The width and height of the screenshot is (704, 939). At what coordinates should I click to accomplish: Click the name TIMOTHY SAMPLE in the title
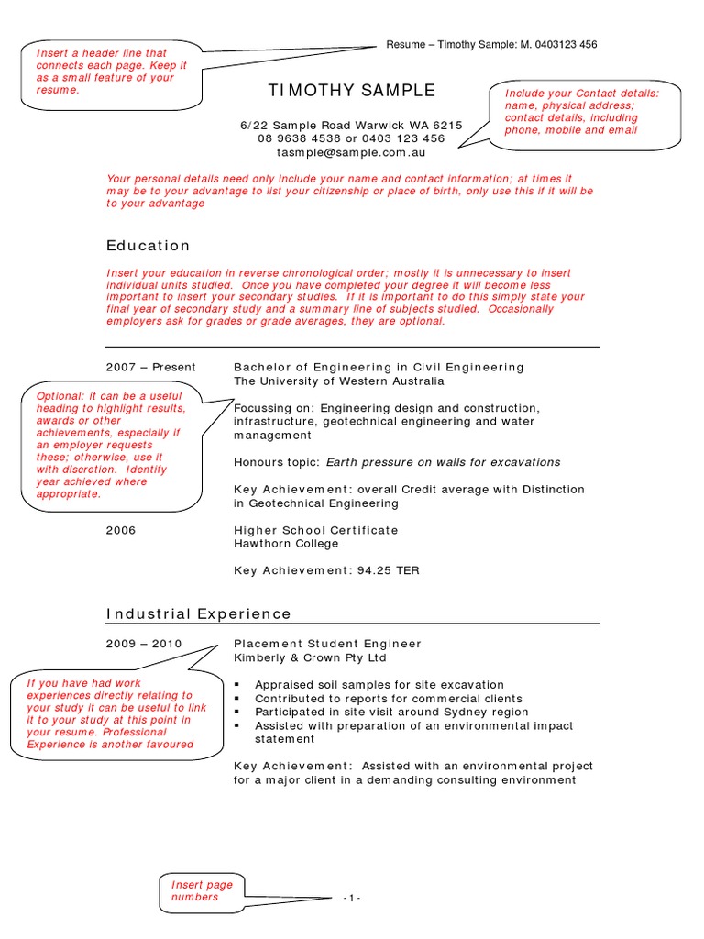351,91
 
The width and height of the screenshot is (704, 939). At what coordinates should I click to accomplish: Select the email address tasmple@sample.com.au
351,152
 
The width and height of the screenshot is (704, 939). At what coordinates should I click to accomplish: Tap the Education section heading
148,246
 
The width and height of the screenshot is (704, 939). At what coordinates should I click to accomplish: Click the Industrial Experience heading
199,614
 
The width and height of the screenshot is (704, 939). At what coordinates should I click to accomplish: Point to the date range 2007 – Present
151,368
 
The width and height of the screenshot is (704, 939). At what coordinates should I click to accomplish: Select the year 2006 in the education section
121,530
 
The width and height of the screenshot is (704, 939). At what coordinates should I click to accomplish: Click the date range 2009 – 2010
144,645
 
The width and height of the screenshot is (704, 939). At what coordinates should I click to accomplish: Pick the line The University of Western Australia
339,381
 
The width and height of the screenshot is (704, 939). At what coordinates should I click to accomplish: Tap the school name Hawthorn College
286,544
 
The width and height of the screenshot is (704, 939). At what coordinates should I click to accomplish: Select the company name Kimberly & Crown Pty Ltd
310,658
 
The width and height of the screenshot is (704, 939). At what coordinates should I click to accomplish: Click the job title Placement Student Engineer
327,645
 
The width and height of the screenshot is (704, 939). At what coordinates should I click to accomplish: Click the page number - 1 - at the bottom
352,898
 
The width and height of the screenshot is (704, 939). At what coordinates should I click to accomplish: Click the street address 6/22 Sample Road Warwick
351,126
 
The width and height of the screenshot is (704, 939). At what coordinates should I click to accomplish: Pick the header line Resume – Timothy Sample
491,45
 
